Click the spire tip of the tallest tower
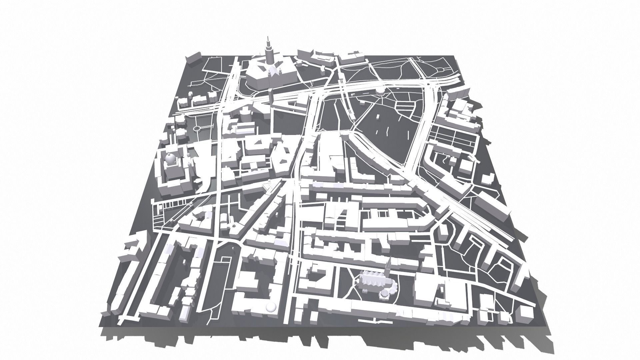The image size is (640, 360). coord(267,37)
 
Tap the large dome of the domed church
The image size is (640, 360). coord(170,160)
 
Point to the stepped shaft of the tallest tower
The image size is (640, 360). coord(268,55)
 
